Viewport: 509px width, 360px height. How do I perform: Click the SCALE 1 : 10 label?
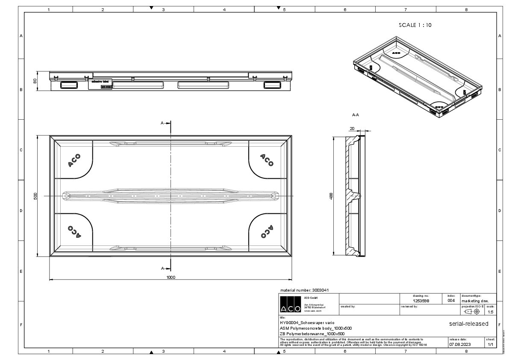click(x=415, y=25)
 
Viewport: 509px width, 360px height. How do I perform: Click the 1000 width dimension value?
click(x=171, y=277)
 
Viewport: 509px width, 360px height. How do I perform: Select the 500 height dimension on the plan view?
click(x=36, y=196)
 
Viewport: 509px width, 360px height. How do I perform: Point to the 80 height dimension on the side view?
click(x=36, y=81)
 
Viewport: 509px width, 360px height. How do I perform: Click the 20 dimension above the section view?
click(x=352, y=128)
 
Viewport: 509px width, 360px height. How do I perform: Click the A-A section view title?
click(x=355, y=115)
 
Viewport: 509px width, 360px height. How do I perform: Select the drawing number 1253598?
click(x=421, y=301)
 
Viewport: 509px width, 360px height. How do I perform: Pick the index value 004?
click(x=451, y=301)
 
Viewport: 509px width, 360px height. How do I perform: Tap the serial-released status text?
click(x=468, y=324)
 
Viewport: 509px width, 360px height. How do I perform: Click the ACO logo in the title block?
click(x=287, y=304)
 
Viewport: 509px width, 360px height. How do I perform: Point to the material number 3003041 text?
click(x=304, y=290)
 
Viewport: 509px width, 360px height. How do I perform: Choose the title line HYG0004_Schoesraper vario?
click(x=304, y=322)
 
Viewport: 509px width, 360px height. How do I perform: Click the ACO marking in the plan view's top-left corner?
click(x=74, y=160)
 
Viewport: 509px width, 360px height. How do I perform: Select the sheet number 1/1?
click(x=490, y=344)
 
